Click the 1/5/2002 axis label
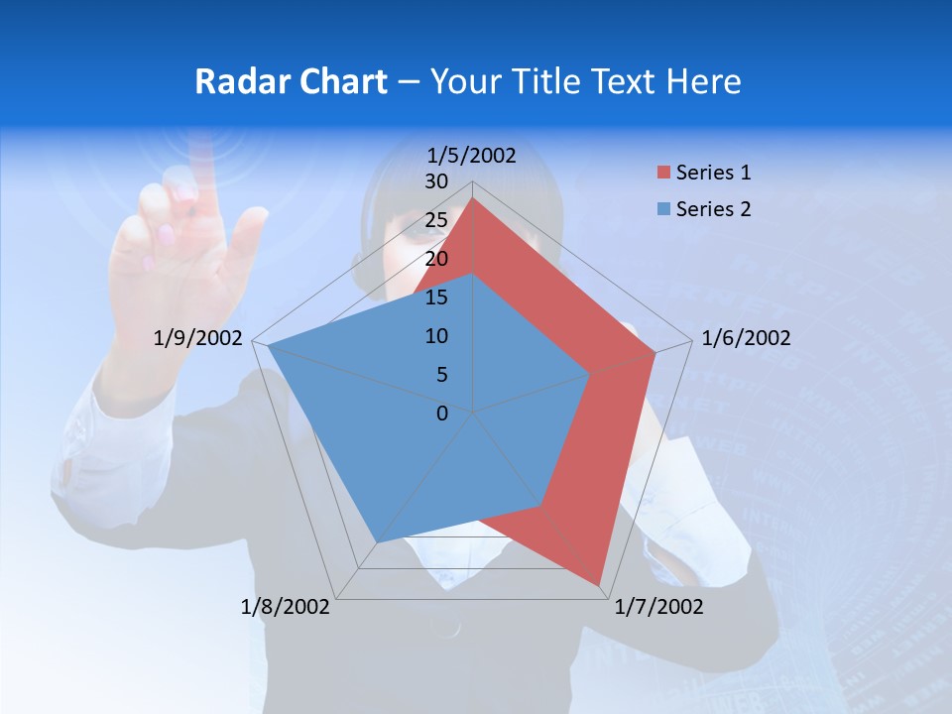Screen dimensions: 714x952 point(472,155)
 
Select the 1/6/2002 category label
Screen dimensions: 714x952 point(746,338)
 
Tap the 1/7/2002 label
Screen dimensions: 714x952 point(658,606)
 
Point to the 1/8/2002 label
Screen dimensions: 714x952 point(286,606)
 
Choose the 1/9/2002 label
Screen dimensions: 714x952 point(198,338)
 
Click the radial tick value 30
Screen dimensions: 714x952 point(436,181)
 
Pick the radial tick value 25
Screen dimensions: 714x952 point(436,220)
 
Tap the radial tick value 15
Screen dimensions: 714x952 point(436,297)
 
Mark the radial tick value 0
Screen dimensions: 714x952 point(442,414)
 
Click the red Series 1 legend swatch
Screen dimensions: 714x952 point(663,174)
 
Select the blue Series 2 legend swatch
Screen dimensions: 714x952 point(663,209)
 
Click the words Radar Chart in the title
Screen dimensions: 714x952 point(291,81)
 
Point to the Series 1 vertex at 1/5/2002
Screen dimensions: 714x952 point(473,197)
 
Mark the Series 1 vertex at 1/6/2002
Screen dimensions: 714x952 point(655,352)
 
